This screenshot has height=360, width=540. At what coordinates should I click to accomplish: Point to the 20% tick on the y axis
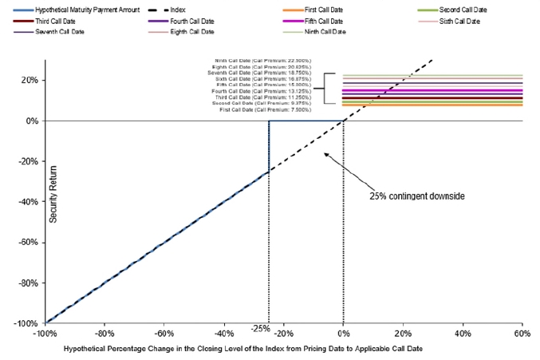pos(32,80)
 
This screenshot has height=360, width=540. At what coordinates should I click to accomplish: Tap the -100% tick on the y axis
pos(29,323)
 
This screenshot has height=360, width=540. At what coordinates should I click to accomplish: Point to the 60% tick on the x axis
pos(522,333)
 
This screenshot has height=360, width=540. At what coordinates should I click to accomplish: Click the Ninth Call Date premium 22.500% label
pos(262,60)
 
